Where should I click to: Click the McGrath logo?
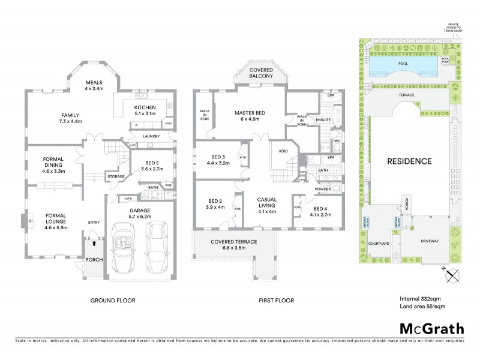(431, 328)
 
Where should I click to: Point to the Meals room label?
(94, 85)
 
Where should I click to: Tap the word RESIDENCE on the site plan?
(409, 161)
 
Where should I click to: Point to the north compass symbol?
(453, 275)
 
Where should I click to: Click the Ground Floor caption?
(113, 300)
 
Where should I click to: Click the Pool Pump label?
(445, 60)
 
